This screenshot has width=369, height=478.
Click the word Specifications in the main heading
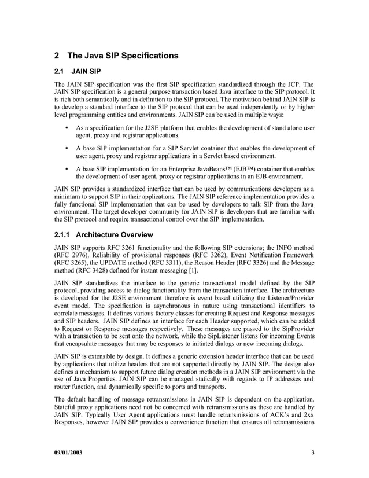138,56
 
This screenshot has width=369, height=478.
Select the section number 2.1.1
64,235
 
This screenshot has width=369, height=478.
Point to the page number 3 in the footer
312,453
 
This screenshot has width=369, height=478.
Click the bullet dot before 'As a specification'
69,127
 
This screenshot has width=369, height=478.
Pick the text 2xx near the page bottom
308,424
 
